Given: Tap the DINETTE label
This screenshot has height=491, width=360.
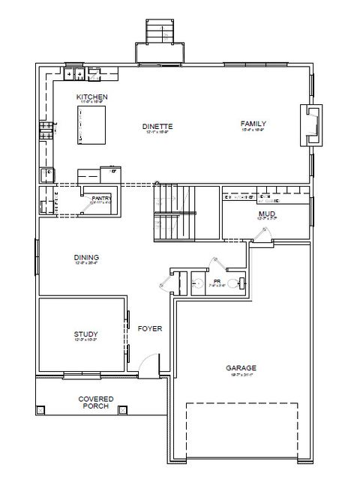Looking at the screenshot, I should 157,127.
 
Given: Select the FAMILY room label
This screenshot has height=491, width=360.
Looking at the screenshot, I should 253,124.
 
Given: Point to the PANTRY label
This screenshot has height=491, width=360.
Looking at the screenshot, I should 101,199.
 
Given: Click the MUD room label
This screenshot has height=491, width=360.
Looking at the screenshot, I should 267,214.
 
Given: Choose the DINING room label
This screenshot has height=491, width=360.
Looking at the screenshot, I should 87,258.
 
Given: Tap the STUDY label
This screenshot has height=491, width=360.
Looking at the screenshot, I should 86,334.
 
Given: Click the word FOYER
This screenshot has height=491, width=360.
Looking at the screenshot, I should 150,328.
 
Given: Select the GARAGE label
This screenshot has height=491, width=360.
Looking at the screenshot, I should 241,368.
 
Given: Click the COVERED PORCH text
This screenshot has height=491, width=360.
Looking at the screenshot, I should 96,402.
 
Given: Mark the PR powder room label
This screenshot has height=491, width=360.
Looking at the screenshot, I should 217,282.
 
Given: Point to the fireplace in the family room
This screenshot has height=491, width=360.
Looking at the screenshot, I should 310,124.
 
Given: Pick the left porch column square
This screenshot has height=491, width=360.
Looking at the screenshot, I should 42,410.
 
